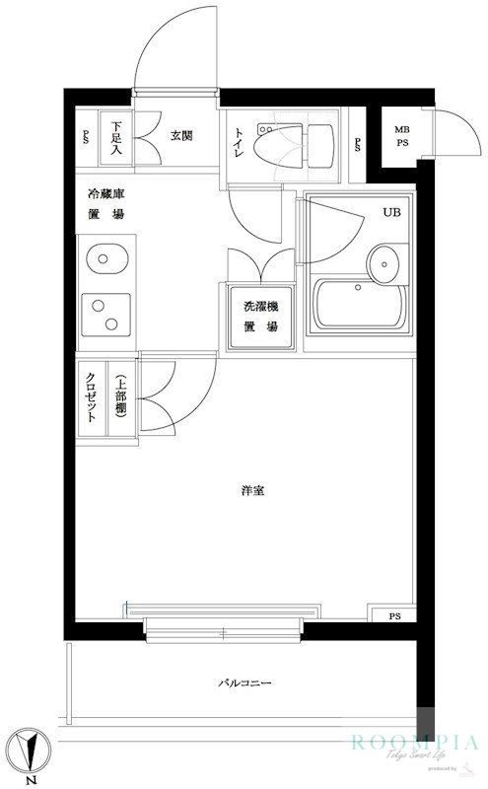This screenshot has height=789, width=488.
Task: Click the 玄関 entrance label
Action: [x=180, y=136]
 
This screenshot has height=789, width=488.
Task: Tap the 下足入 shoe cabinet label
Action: [x=116, y=139]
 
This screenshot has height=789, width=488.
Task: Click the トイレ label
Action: [x=240, y=146]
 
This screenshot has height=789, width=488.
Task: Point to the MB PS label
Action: [x=402, y=136]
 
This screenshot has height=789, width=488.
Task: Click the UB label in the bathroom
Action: [x=391, y=213]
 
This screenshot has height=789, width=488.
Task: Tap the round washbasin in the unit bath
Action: [x=383, y=263]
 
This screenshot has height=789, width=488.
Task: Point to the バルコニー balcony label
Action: [x=244, y=683]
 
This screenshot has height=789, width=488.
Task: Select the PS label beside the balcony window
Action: [x=394, y=617]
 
